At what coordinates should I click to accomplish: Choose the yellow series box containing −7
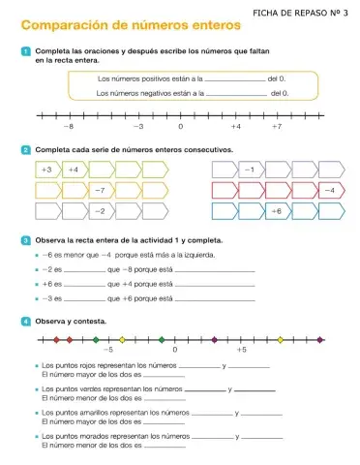102,189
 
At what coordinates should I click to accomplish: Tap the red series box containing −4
329,189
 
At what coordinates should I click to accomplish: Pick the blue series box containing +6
276,209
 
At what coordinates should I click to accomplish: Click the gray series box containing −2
101,209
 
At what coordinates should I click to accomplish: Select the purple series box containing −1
250,169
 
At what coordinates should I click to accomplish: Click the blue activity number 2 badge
25,151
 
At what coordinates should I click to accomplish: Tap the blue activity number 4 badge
25,319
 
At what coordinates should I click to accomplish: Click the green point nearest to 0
162,340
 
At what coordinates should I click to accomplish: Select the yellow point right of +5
281,340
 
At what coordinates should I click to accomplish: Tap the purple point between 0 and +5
215,340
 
